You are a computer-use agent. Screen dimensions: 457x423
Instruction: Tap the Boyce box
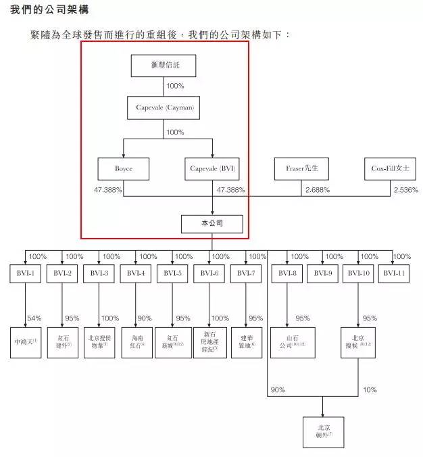pos(122,168)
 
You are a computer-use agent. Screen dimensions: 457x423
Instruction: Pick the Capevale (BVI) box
pos(213,168)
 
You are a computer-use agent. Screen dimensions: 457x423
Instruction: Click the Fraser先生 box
pos(301,168)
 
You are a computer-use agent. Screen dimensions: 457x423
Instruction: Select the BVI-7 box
pos(247,274)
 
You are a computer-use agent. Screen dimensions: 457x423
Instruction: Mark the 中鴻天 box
pos(25,342)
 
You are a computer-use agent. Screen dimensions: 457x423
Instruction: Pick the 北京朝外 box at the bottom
pos(322,432)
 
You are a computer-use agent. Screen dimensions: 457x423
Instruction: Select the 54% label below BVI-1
pos(34,318)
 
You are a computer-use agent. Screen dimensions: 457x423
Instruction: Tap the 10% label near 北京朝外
pos(370,390)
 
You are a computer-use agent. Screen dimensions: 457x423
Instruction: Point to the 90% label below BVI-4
pos(145,318)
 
